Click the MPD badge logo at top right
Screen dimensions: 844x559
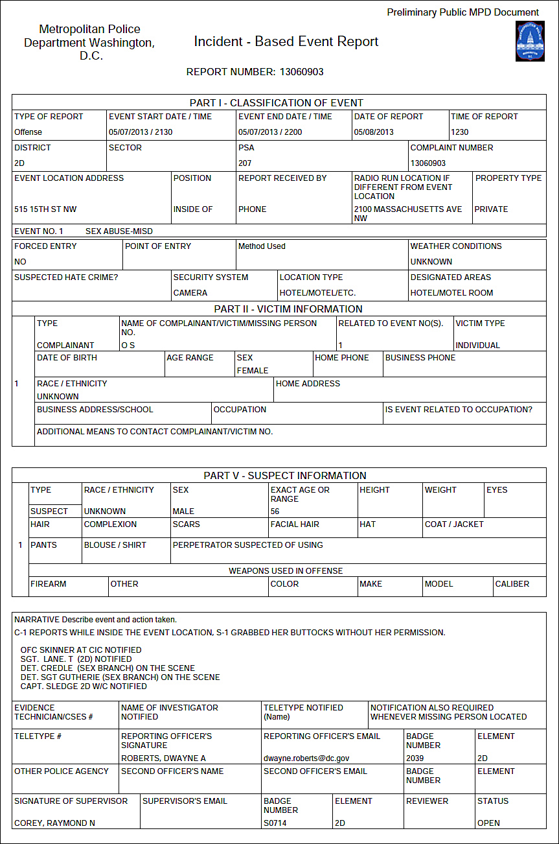pos(529,41)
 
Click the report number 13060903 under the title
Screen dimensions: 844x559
pos(301,72)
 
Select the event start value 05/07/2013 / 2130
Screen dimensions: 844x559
pos(141,132)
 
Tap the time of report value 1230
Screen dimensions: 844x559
pos(460,132)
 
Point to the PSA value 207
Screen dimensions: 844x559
pos(245,163)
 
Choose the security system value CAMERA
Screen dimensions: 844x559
pos(190,293)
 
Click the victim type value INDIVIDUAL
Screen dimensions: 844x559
pos(478,346)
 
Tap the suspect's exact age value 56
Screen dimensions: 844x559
pos(275,511)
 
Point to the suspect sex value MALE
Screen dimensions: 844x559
pos(183,511)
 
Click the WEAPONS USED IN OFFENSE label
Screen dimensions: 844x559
pos(286,571)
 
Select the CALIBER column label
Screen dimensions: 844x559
pos(512,584)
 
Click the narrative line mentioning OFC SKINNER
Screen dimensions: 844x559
pos(81,650)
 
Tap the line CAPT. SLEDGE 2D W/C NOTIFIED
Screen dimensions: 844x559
pos(84,686)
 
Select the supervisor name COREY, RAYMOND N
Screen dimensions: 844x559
pos(55,823)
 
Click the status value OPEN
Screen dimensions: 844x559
pos(488,823)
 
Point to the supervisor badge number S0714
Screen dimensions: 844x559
pos(275,823)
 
